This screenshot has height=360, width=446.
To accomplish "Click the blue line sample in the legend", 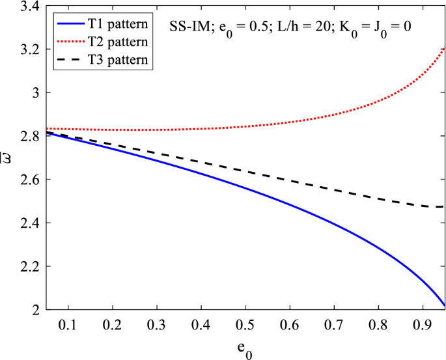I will (65, 25).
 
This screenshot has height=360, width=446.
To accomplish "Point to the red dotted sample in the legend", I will (65, 42).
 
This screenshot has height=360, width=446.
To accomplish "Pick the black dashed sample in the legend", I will (65, 60).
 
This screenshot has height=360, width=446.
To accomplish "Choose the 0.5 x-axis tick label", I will (245, 324).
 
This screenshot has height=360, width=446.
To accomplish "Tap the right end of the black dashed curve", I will (443, 206).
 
